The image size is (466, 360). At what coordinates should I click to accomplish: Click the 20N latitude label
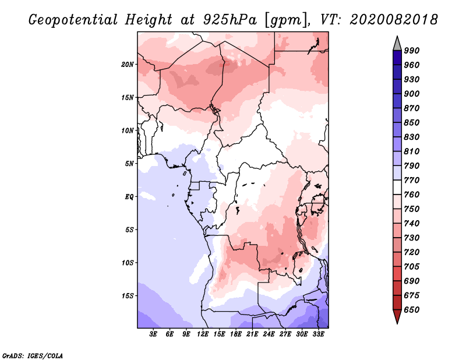[128, 65]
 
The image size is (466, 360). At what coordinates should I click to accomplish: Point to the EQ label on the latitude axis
[129, 197]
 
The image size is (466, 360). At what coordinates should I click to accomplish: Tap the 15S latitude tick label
[128, 296]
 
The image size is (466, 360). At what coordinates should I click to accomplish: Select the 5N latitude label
[129, 164]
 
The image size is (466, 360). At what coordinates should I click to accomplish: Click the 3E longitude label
[153, 334]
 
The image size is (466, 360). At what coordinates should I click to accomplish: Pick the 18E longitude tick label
[236, 334]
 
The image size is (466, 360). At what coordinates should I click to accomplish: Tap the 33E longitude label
[318, 334]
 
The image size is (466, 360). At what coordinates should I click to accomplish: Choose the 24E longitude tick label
[269, 334]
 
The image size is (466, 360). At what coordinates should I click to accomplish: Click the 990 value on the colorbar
[412, 51]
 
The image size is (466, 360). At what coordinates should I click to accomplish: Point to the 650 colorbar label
[412, 310]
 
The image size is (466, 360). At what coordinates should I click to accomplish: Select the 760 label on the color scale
[412, 195]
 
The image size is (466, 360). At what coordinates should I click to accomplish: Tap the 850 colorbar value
[412, 122]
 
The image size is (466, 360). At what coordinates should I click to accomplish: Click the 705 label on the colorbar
[412, 266]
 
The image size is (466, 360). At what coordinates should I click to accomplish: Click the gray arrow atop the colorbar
[397, 44]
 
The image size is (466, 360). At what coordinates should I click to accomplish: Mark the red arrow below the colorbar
[397, 316]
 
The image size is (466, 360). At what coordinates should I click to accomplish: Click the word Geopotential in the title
[73, 20]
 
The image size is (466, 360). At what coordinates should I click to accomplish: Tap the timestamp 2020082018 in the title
[394, 20]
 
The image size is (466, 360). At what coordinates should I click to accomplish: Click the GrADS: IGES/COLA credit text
[33, 355]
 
